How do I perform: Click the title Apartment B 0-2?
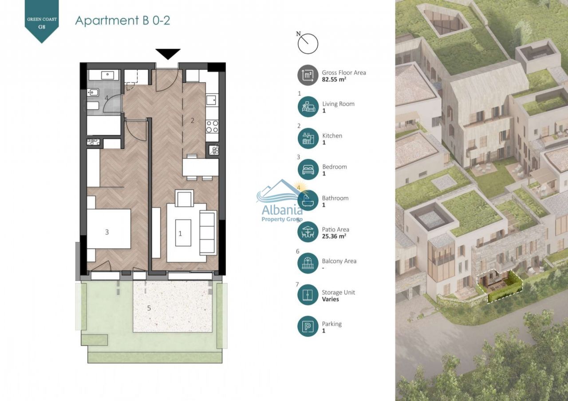tap(122, 20)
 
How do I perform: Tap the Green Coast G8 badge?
tap(42, 20)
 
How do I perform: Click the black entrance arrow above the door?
tap(168, 54)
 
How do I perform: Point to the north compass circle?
tap(308, 43)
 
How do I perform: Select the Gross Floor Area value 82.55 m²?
tap(334, 79)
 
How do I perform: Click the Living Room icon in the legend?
tap(308, 106)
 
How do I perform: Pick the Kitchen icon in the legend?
tap(308, 138)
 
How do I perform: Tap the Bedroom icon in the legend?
tap(308, 169)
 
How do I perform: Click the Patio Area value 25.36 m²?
tap(334, 236)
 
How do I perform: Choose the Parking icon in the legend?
tap(308, 326)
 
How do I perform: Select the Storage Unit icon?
tap(308, 295)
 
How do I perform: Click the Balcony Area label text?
tap(339, 261)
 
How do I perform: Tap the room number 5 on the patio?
tap(149, 308)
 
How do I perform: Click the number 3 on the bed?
tap(107, 232)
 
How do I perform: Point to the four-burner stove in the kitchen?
tap(212, 126)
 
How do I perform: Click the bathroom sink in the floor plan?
tap(107, 75)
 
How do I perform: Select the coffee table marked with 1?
tap(183, 233)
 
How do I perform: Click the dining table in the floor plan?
tap(200, 167)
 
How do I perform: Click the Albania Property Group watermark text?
tap(282, 212)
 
